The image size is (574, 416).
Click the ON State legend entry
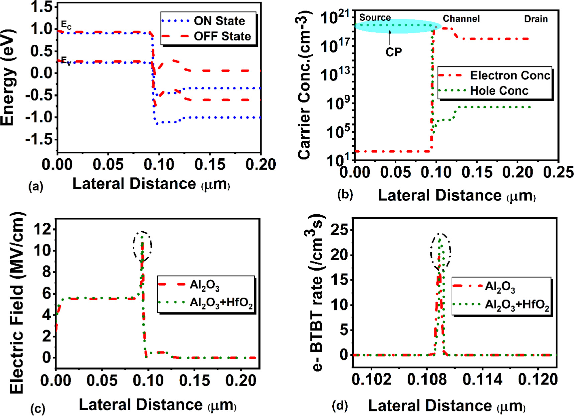pyautogui.click(x=219, y=21)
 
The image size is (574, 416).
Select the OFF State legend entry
pyautogui.click(x=222, y=36)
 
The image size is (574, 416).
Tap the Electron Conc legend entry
pyautogui.click(x=509, y=76)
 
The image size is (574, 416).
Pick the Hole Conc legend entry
pyautogui.click(x=499, y=91)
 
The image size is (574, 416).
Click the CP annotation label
pyautogui.click(x=393, y=52)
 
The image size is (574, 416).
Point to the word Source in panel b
pyautogui.click(x=375, y=18)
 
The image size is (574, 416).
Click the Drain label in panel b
pyautogui.click(x=536, y=19)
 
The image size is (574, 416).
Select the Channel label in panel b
pyautogui.click(x=461, y=19)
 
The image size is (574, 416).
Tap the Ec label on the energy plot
pyautogui.click(x=66, y=24)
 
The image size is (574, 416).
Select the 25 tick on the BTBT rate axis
pyautogui.click(x=339, y=230)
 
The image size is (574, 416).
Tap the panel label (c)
pyautogui.click(x=37, y=409)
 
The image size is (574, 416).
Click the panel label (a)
pyautogui.click(x=36, y=186)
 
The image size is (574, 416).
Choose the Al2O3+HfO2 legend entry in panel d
pyautogui.click(x=517, y=305)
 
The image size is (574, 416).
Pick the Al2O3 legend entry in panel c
pyautogui.click(x=204, y=285)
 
